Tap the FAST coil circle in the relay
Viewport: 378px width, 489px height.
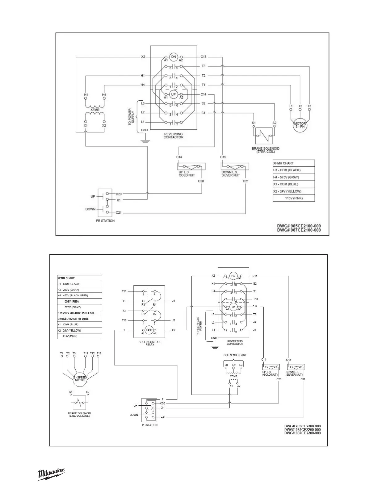pos(149,330)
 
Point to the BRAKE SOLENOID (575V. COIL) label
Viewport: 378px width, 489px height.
pos(263,150)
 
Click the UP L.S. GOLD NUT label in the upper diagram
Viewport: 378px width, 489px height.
pos(187,173)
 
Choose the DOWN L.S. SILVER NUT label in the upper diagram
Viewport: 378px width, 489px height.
pos(231,173)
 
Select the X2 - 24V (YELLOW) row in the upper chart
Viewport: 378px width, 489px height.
pos(293,191)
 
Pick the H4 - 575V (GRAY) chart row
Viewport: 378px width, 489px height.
pos(293,177)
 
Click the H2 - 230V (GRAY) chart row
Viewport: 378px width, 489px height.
pos(80,290)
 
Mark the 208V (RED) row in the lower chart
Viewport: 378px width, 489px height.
pos(80,301)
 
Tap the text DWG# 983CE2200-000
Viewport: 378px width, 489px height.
pos(302,426)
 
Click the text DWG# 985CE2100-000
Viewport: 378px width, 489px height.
pos(299,226)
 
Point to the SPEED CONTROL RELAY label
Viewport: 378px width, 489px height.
pos(150,343)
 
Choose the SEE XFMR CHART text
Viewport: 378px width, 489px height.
pos(235,355)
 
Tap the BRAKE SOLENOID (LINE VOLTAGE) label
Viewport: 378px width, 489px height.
pos(79,415)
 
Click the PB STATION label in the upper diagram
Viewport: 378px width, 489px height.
pos(105,221)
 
